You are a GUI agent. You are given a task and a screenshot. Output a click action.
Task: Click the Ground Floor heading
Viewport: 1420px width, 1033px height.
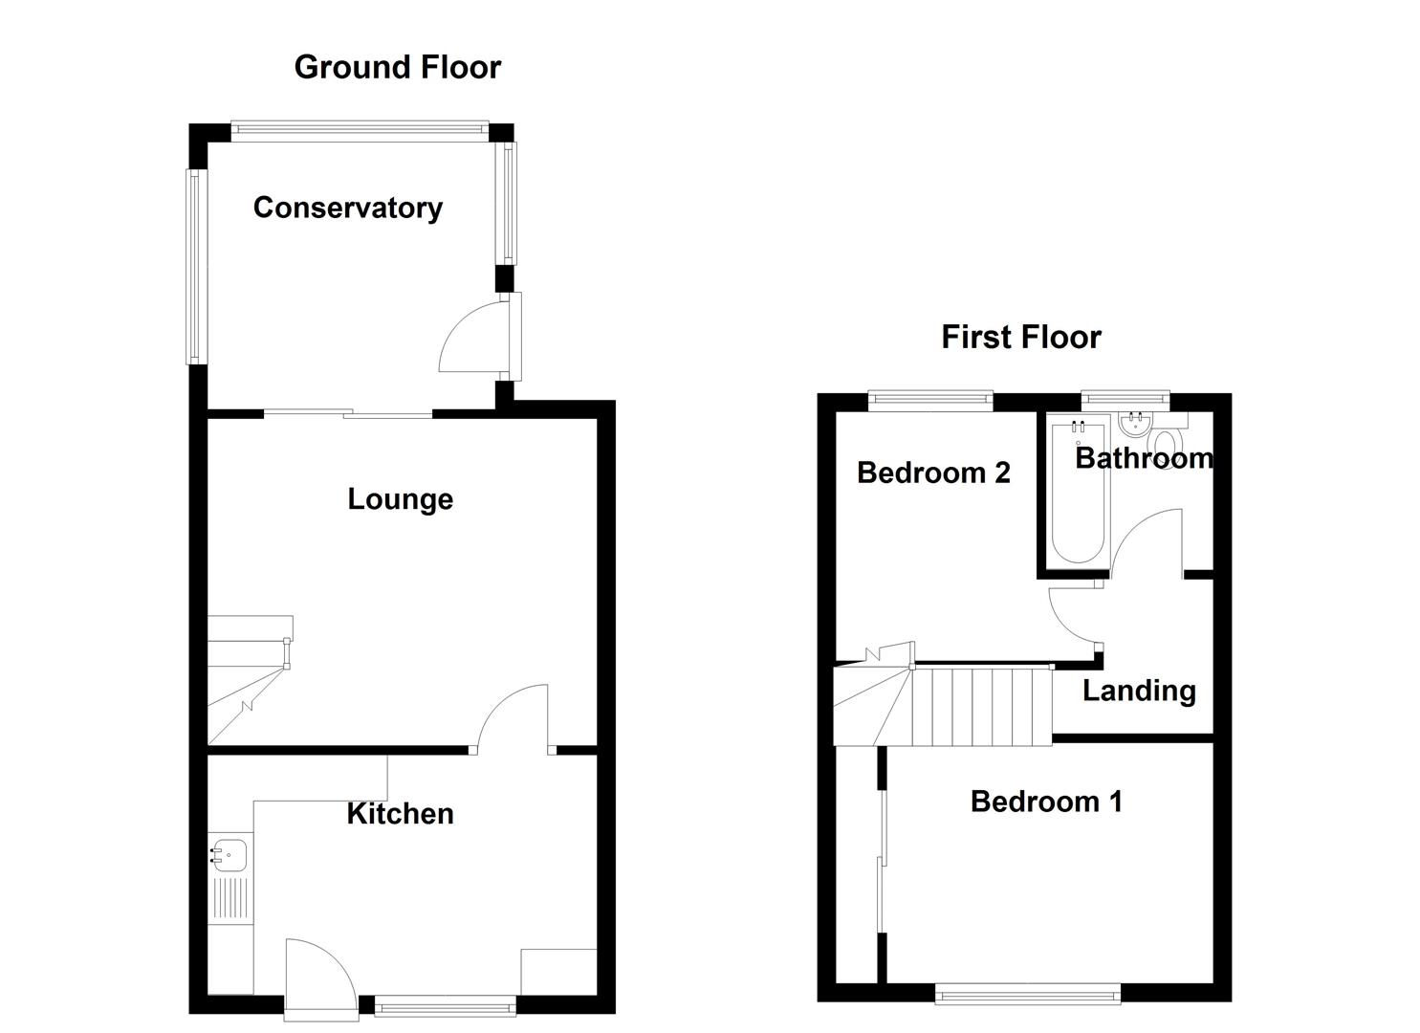397,67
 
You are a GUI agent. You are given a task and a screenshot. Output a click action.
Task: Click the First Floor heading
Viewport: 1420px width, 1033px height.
1020,337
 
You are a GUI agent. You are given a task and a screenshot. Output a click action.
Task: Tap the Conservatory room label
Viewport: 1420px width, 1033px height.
347,208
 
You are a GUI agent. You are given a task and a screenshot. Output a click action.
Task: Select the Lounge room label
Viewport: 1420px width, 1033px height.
400,498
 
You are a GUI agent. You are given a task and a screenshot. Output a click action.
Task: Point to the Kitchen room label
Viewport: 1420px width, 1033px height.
400,813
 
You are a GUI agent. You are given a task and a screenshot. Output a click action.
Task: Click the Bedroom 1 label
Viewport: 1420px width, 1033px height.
1046,801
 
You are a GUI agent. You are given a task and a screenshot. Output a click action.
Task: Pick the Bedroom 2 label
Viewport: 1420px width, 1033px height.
933,473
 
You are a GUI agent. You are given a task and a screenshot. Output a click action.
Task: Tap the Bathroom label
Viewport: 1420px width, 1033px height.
1144,458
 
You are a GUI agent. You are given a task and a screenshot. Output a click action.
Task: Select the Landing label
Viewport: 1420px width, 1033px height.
1139,690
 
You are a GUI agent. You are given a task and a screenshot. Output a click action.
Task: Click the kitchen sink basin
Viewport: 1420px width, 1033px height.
230,853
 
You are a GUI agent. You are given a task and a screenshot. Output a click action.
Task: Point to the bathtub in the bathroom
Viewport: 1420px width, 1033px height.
1079,493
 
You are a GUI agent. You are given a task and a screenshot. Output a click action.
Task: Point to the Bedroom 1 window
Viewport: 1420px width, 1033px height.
1028,996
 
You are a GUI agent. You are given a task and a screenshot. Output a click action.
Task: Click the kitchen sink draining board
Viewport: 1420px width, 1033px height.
230,899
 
